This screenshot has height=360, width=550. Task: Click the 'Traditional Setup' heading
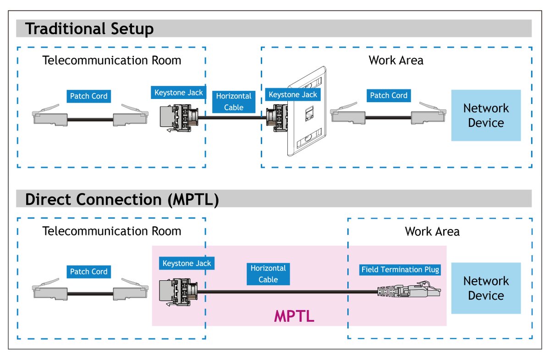89,29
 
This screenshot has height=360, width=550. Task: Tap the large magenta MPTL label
294,316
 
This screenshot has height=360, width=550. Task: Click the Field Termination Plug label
400,270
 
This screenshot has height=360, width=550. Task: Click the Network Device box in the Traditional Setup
486,115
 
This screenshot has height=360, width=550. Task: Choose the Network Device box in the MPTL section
486,288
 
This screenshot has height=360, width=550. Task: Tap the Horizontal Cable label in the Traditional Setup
234,102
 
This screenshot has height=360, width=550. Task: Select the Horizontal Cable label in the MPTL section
268,274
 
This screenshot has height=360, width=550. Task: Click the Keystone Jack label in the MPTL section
187,263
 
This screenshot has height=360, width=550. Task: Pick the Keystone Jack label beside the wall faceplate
293,95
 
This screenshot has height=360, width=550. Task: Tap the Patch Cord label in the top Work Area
389,96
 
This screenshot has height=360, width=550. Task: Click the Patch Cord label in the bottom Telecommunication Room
88,272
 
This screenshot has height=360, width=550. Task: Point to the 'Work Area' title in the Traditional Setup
396,60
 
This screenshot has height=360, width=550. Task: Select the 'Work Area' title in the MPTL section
432,231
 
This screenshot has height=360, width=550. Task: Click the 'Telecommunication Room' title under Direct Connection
111,231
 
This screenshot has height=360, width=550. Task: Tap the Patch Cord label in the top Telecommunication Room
88,96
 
